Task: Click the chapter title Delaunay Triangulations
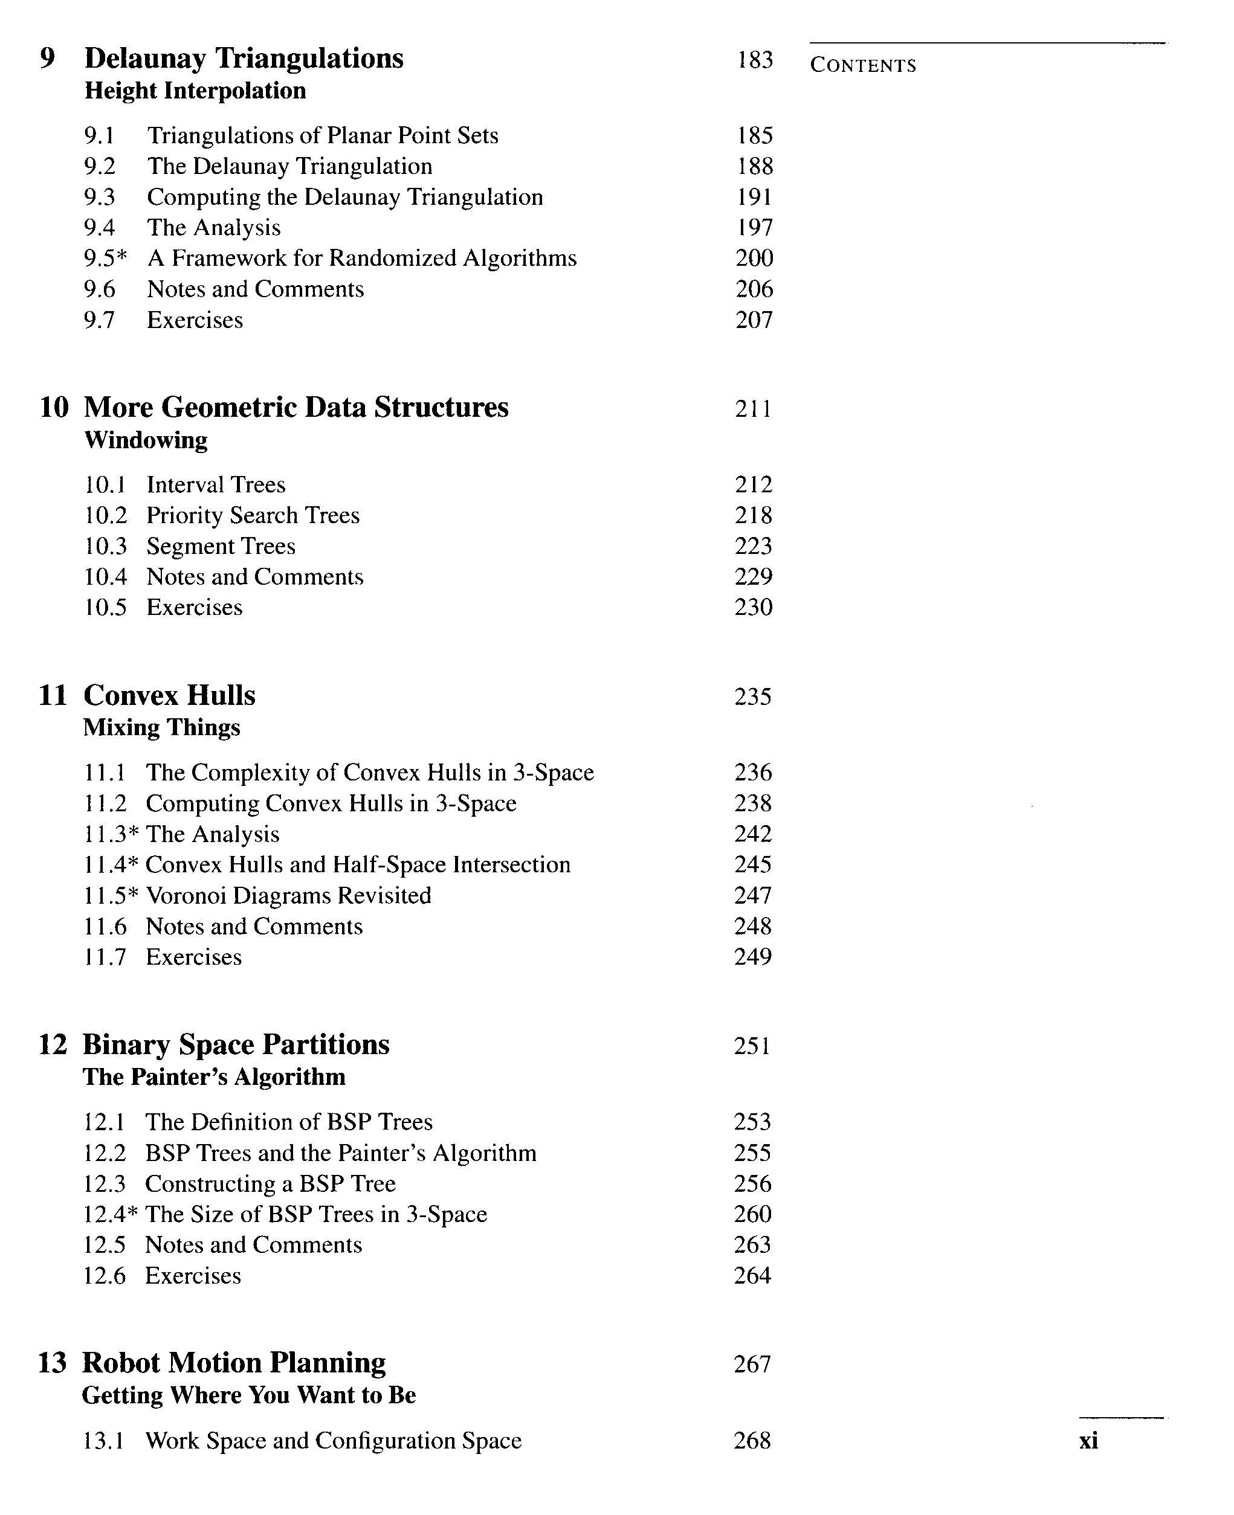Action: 243,58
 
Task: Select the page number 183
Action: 754,60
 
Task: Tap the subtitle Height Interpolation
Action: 195,91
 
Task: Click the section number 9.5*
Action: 105,258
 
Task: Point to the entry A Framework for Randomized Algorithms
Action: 362,258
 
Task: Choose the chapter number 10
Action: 54,408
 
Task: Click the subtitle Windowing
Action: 146,440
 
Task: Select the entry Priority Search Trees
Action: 253,515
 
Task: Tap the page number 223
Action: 753,545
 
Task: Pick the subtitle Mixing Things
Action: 161,728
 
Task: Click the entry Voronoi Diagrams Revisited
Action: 289,895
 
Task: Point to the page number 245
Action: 753,865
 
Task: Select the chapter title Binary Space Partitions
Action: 236,1044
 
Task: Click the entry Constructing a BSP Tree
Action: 270,1184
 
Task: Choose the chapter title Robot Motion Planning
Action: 234,1363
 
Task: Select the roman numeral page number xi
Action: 1088,1441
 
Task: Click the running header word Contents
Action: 863,65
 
